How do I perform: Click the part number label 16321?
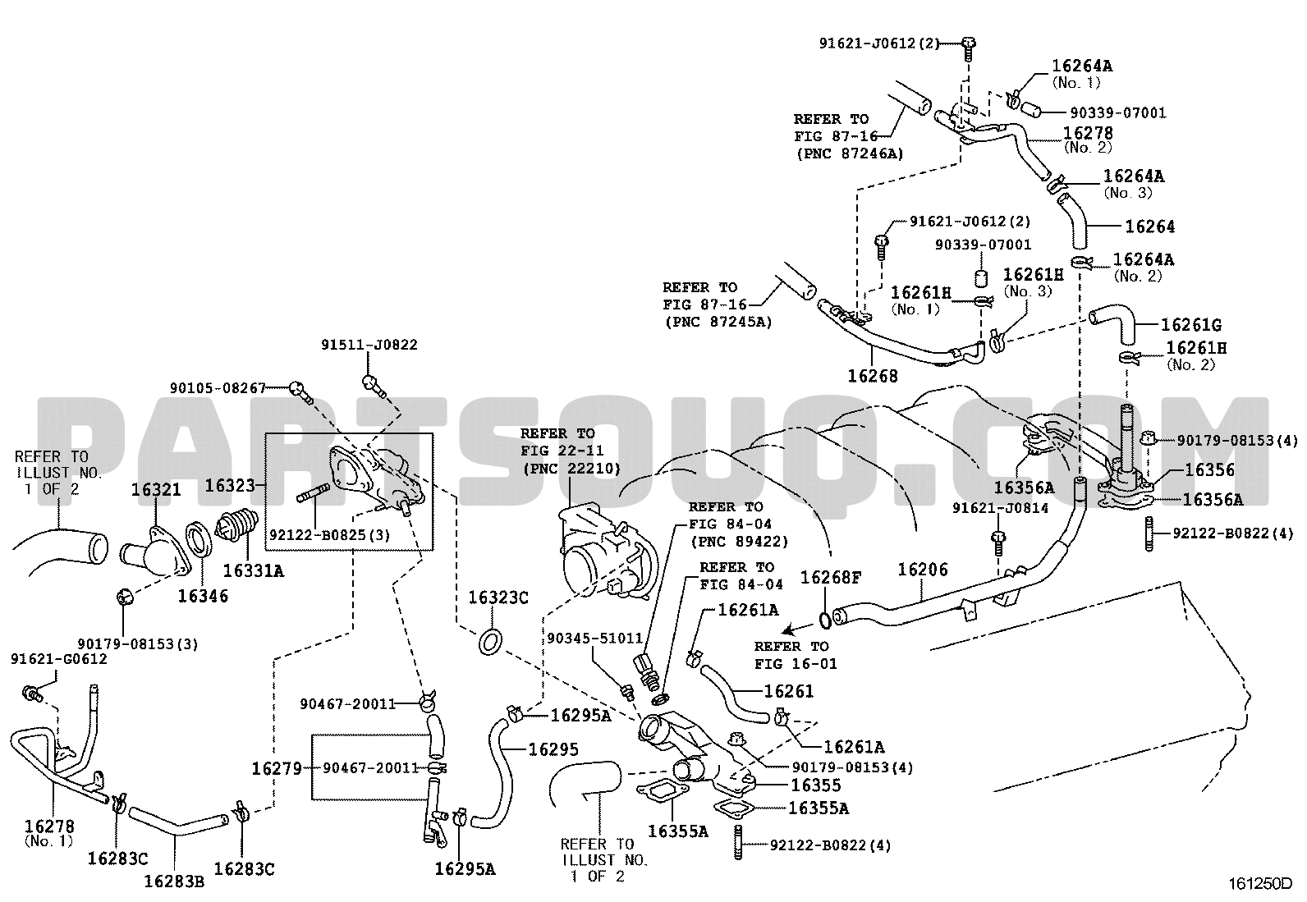[x=156, y=489]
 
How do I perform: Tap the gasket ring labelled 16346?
[x=199, y=539]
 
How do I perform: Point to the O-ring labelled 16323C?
[x=490, y=642]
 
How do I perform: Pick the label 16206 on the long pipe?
[x=923, y=569]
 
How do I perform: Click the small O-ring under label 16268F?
[x=825, y=620]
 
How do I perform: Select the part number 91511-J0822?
[x=369, y=345]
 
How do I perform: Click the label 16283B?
[x=174, y=881]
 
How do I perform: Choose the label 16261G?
[x=1191, y=325]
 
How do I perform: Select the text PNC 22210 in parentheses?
[x=571, y=468]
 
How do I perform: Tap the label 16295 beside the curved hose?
[x=553, y=749]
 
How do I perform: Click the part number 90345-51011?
[x=594, y=639]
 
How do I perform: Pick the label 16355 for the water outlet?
[x=816, y=785]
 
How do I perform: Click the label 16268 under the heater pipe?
[x=873, y=377]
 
